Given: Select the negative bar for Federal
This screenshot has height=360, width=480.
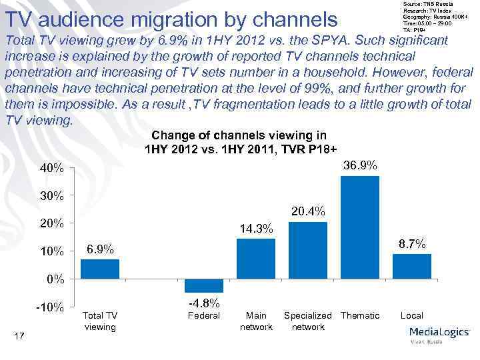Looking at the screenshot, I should point(204,285).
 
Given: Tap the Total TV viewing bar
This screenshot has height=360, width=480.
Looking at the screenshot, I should point(100,269).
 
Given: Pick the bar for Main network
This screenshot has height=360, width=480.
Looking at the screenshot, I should point(256,258).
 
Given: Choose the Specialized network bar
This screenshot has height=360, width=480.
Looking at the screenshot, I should point(308,250).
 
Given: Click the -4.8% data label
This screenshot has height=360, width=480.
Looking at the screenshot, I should point(205,303).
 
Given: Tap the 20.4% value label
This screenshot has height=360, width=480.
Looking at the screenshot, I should point(307,211).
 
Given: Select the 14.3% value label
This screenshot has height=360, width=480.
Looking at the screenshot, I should point(256,229).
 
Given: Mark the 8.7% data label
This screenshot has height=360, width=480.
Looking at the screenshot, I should point(412,244).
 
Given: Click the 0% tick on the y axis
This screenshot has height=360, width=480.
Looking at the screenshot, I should point(56,279).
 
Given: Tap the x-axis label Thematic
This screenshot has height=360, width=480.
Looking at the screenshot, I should point(360,315).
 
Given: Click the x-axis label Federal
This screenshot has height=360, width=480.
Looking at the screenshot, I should point(204,315).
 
